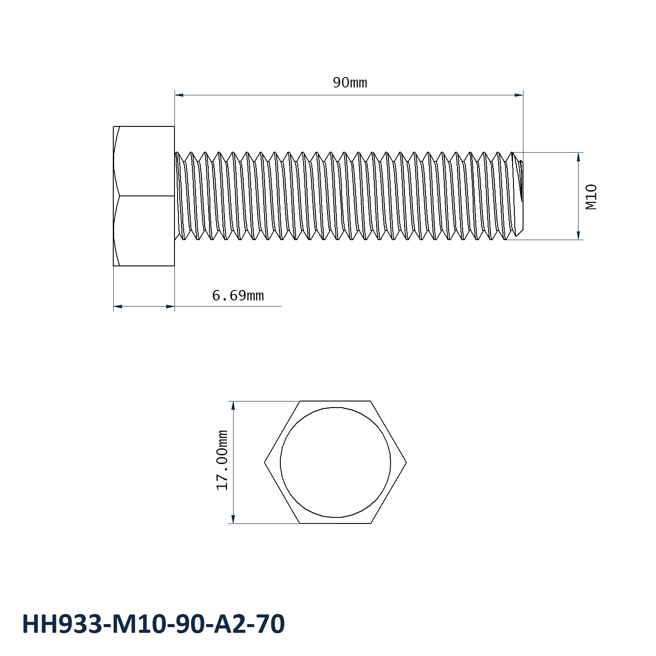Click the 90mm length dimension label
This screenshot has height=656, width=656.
pos(350,82)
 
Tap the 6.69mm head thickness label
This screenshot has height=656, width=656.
pos(238,296)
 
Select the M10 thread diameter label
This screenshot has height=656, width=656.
pos(591,197)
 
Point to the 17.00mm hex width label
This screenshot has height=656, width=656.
pos(223,460)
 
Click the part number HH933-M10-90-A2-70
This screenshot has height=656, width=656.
pos(154,624)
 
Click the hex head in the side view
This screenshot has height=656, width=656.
pos(144,196)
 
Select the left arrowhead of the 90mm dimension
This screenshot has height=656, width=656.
pos(179,94)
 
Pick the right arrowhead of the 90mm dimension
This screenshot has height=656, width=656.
pos(519,94)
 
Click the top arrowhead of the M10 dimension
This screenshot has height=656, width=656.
pos(579,157)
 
